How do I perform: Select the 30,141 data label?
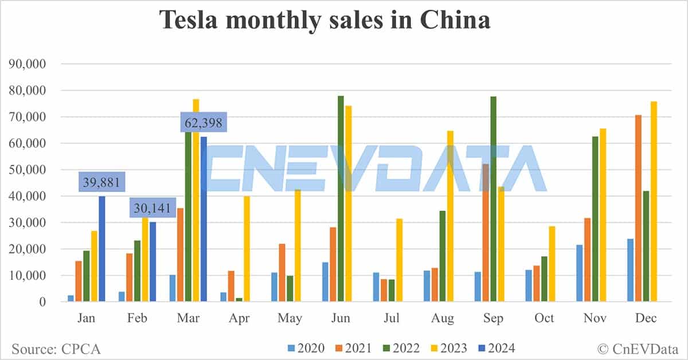coord(152,208)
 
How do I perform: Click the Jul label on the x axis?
coord(392,318)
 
